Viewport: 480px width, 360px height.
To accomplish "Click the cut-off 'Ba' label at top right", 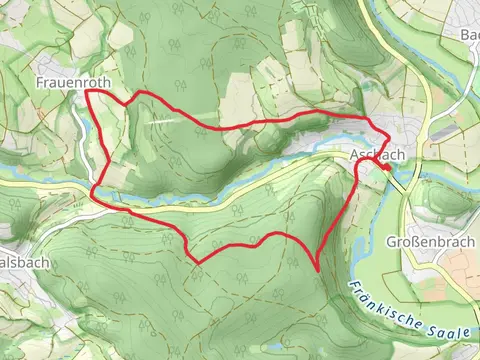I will [x=469, y=35].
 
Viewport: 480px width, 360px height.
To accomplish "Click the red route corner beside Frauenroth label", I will [x=87, y=91].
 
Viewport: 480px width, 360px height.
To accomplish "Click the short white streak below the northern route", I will [x=165, y=117].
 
